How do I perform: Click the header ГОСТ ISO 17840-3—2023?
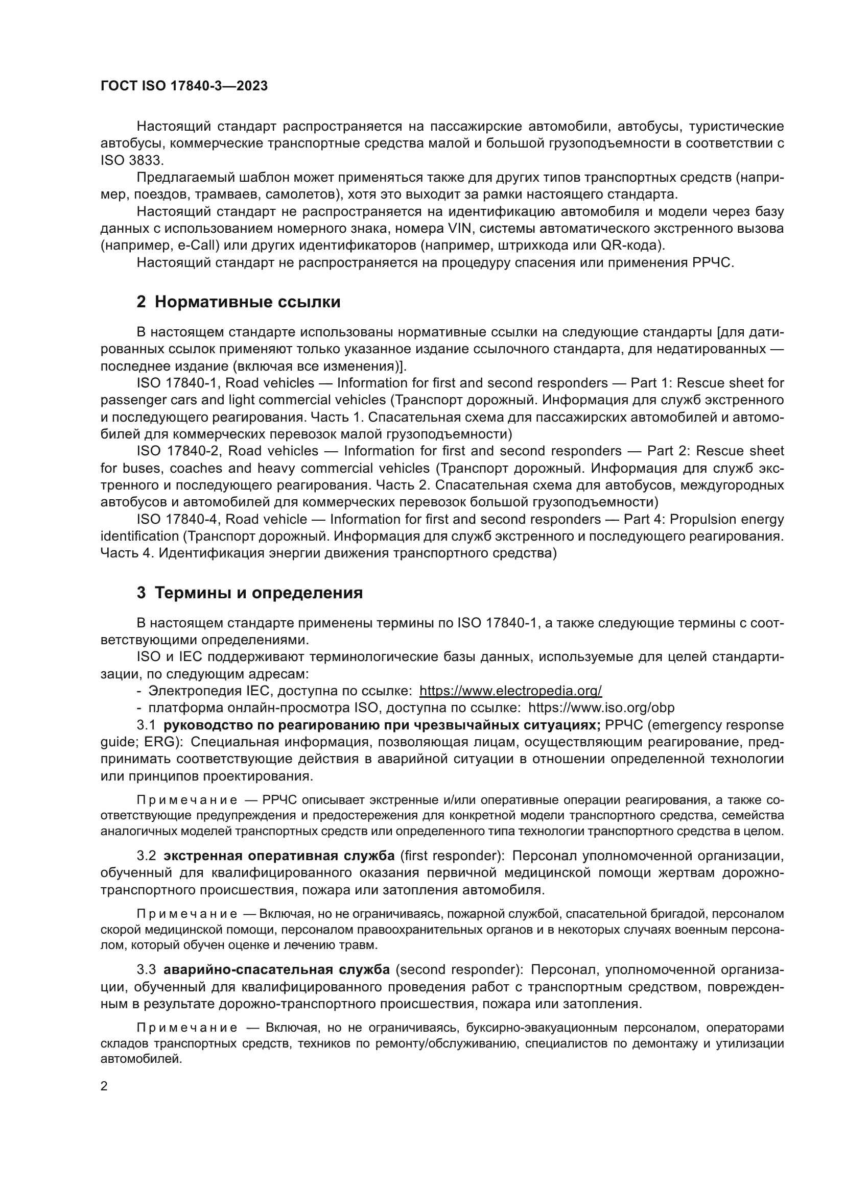[184, 86]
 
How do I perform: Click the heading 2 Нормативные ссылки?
[238, 302]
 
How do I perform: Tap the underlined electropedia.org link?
[510, 691]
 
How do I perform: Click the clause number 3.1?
[146, 725]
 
